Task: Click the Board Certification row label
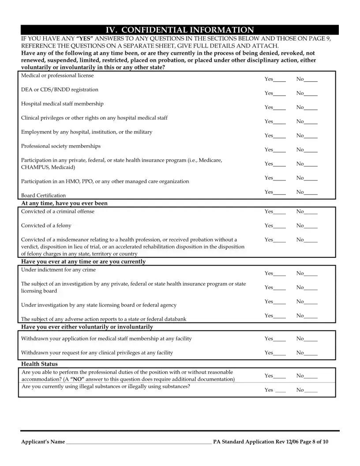pyautogui.click(x=43, y=195)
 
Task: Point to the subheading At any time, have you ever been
pyautogui.click(x=64, y=203)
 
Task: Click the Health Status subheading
pyautogui.click(x=39, y=364)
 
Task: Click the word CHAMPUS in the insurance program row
pyautogui.click(x=35, y=167)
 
